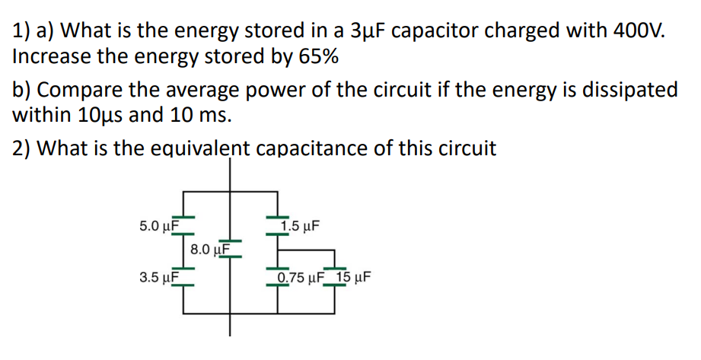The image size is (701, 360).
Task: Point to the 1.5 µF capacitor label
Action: pos(301,226)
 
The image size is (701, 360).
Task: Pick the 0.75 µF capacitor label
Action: pos(301,278)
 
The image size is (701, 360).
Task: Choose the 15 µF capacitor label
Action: pos(354,278)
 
